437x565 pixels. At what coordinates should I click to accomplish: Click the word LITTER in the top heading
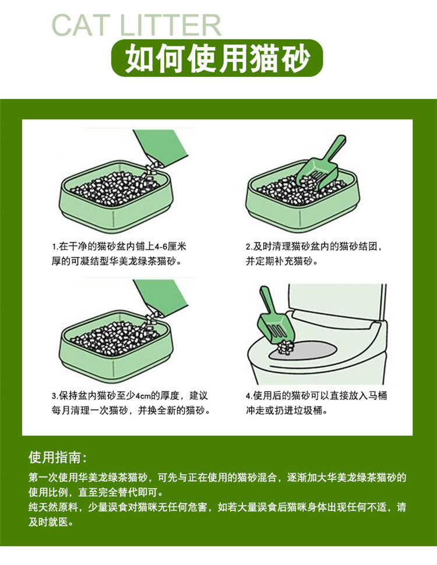[170, 25]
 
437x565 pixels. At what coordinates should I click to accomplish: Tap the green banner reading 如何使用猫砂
[217, 58]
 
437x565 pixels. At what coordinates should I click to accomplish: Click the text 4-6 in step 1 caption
[160, 247]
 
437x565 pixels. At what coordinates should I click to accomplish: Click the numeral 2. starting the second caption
[249, 247]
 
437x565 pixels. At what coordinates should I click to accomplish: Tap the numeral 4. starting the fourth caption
[249, 396]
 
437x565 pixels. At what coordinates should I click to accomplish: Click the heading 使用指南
[55, 458]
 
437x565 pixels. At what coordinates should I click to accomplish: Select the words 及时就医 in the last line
[48, 522]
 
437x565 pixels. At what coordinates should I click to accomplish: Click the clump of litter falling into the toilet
[287, 347]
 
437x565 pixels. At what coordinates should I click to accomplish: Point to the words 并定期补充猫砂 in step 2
[279, 262]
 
